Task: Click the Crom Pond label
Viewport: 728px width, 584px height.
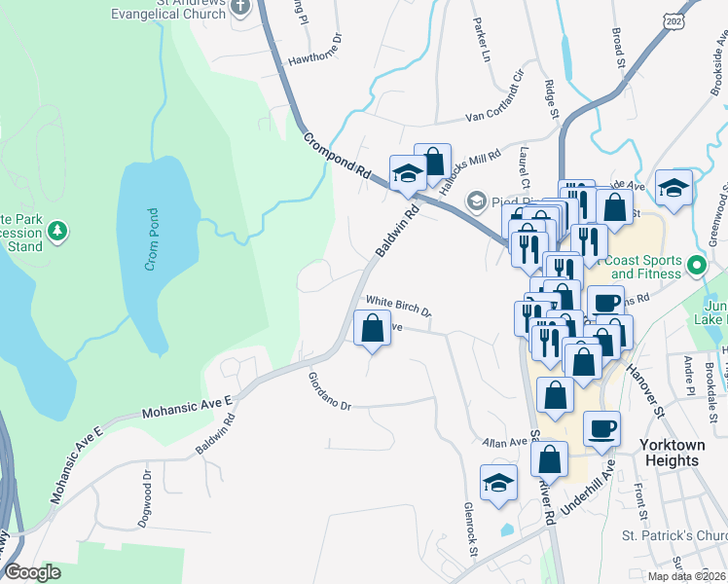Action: pos(153,240)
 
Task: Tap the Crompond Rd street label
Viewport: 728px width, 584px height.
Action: pos(337,153)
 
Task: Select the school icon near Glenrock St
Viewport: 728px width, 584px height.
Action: pos(498,482)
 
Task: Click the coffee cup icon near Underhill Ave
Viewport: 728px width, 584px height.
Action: pos(601,427)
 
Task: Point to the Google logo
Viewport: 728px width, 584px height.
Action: pos(32,572)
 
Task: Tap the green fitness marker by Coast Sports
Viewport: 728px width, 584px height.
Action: pos(696,265)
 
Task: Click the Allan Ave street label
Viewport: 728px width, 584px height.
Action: pos(505,443)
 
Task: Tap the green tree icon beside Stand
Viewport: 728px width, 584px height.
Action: pos(58,231)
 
